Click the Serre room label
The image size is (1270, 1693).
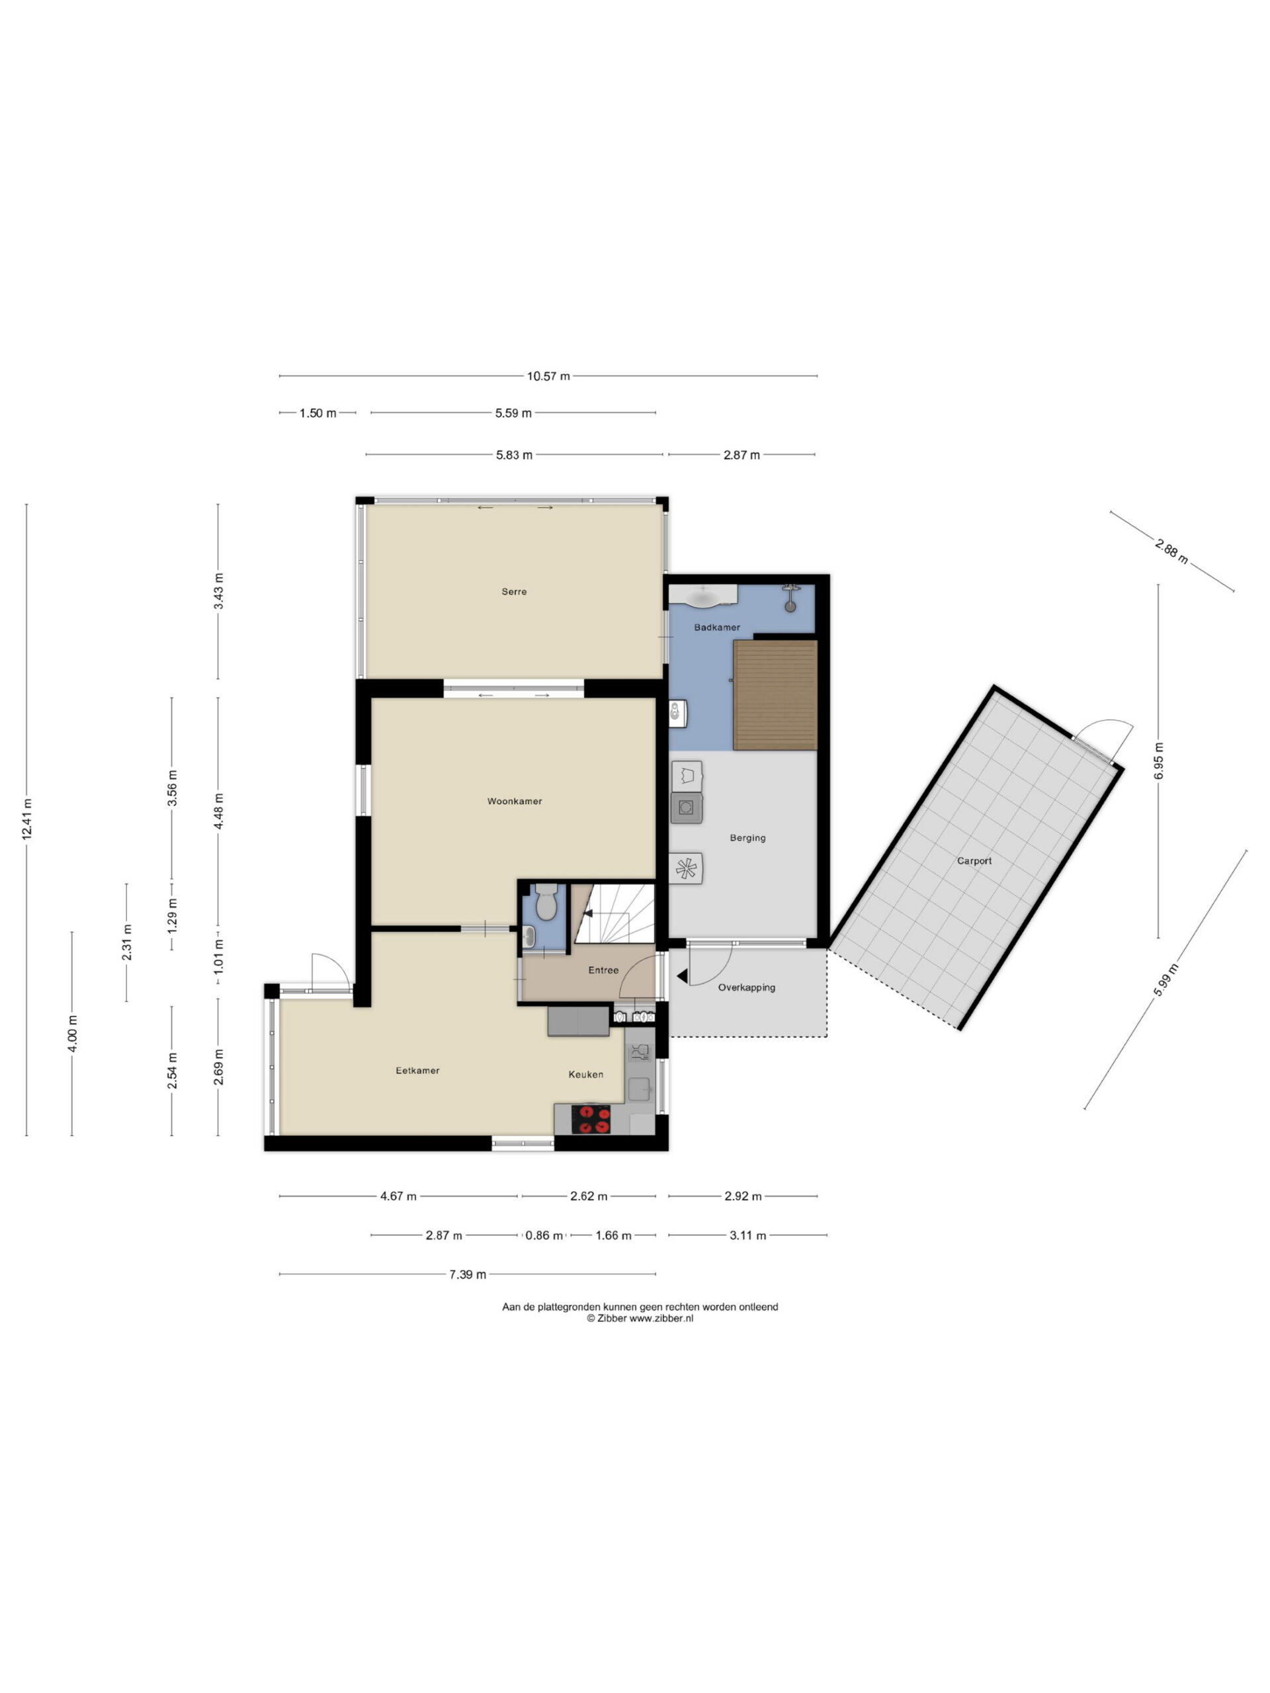pyautogui.click(x=514, y=592)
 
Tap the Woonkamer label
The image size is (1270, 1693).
pyautogui.click(x=515, y=802)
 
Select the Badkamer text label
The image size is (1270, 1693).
pyautogui.click(x=716, y=628)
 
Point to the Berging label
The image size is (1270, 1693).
pyautogui.click(x=747, y=838)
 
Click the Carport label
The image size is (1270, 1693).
pyautogui.click(x=974, y=861)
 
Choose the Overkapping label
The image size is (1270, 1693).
pyautogui.click(x=746, y=987)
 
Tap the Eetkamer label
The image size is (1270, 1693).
pyautogui.click(x=417, y=1071)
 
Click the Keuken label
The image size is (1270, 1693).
pyautogui.click(x=585, y=1075)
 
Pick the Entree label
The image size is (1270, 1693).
pyautogui.click(x=603, y=970)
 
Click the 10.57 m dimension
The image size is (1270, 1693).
pyautogui.click(x=548, y=376)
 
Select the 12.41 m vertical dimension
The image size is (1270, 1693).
pyautogui.click(x=28, y=819)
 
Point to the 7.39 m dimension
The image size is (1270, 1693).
pyautogui.click(x=467, y=1274)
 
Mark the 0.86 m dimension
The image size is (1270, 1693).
pyautogui.click(x=544, y=1235)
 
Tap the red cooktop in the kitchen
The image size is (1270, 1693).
pyautogui.click(x=591, y=1119)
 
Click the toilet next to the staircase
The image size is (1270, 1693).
pyautogui.click(x=546, y=902)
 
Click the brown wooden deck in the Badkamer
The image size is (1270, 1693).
pyautogui.click(x=775, y=695)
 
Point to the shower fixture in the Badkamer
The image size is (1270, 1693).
pyautogui.click(x=790, y=598)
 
